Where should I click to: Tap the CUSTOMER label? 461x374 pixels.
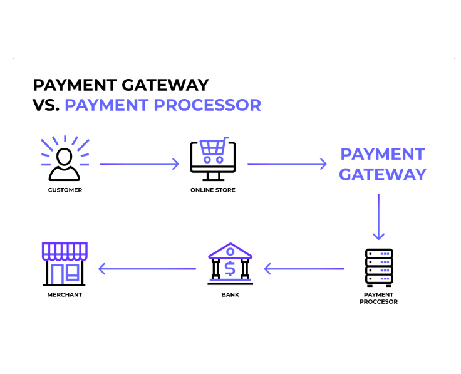click(65, 190)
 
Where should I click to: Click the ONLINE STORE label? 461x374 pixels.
click(213, 190)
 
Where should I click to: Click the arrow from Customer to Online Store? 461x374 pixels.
click(139, 164)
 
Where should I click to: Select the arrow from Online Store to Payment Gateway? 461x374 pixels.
click(287, 164)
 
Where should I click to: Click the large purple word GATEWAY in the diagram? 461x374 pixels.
click(383, 174)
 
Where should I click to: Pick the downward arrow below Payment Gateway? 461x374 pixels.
click(378, 217)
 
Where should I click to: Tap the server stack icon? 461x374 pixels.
click(378, 267)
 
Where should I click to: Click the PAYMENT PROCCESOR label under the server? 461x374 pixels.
click(378, 298)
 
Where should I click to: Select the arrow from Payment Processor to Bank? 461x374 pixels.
click(304, 269)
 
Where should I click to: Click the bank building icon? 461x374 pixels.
click(230, 263)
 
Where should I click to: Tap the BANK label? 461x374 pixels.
click(230, 295)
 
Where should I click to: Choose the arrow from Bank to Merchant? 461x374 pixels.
click(147, 269)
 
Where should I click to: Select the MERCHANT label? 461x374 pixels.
click(65, 295)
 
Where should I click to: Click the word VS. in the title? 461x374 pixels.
click(46, 105)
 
